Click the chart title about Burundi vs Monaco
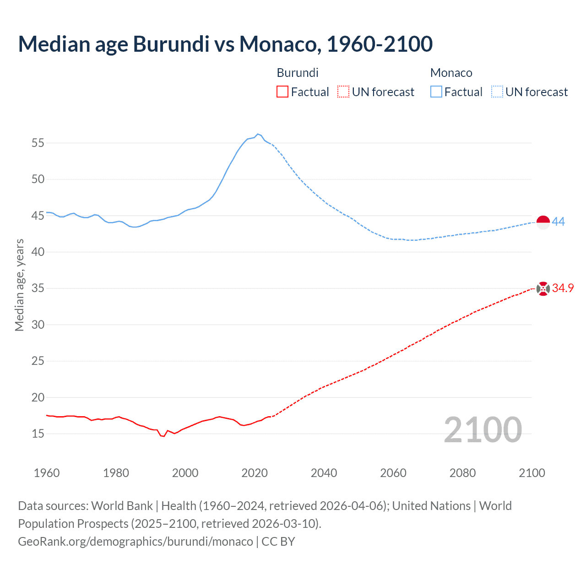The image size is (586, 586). (x=225, y=44)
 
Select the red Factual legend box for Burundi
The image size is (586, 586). (x=282, y=92)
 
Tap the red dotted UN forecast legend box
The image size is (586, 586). (x=343, y=92)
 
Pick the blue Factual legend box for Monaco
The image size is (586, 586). (x=436, y=92)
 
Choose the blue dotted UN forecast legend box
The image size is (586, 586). (x=497, y=92)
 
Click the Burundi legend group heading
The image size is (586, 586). (x=298, y=73)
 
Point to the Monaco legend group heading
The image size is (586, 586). (x=451, y=73)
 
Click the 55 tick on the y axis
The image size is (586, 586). (x=38, y=143)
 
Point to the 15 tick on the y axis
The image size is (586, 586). (x=38, y=434)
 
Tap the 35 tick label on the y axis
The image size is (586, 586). (x=38, y=288)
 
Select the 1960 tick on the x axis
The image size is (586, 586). (x=47, y=473)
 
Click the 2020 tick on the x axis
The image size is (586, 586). (x=255, y=473)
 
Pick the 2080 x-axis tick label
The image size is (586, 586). (x=462, y=473)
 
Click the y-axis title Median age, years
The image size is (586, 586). (x=19, y=285)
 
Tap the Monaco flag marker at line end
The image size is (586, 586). (x=543, y=222)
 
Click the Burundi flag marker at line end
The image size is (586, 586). (x=543, y=289)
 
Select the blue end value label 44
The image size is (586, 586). (x=559, y=222)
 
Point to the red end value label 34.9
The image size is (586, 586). (x=563, y=288)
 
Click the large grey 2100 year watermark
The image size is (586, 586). (x=483, y=429)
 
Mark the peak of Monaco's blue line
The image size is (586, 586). (x=258, y=134)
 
